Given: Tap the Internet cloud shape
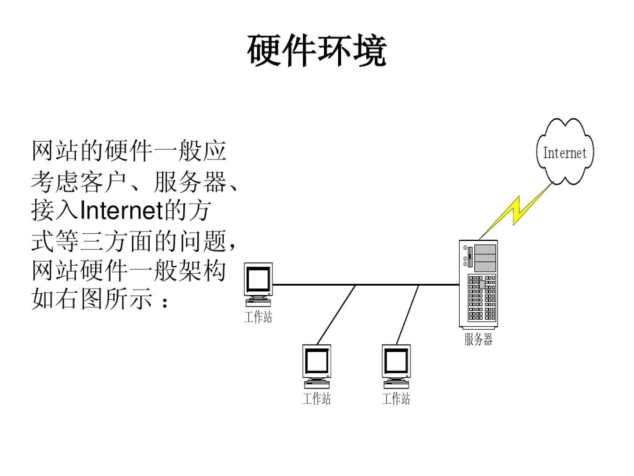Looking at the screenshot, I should tap(565, 152).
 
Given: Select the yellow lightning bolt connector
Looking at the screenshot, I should tap(517, 210).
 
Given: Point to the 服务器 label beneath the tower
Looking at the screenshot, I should tap(478, 339).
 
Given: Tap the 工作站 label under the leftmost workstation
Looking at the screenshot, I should tap(258, 317).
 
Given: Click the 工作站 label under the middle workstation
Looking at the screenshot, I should tap(317, 398).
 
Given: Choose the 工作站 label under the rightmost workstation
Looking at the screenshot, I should tap(396, 398).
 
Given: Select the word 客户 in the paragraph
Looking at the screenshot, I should tap(104, 181).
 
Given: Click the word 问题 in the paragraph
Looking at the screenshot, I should tap(202, 241).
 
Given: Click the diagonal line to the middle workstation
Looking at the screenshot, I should tap(336, 315).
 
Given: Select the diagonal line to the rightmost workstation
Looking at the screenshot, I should tap(407, 315).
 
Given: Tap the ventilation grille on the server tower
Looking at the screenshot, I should tap(482, 298).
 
